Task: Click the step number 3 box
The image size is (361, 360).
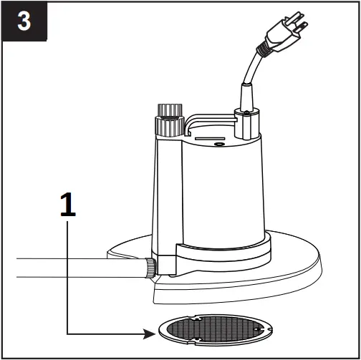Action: point(24,21)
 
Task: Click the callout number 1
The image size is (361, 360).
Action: point(67,205)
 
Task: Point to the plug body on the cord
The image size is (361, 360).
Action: point(279,39)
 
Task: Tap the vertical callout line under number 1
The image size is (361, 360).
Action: point(67,279)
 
